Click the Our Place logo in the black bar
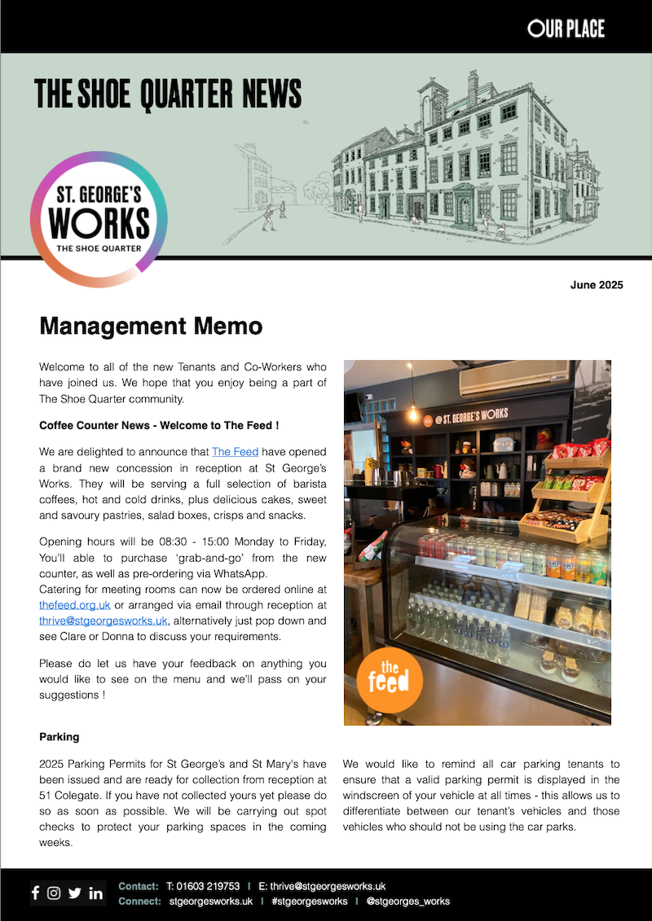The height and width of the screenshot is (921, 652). (x=566, y=29)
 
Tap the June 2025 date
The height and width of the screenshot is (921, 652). (x=597, y=285)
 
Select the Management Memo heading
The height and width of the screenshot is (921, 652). (x=151, y=327)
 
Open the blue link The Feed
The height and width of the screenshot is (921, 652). (x=235, y=451)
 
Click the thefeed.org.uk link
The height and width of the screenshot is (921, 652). (x=75, y=604)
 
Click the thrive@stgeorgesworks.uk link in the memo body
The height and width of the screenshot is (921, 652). (x=104, y=620)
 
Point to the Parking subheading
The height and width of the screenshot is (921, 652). (x=59, y=736)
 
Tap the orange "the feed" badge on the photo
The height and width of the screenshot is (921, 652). (x=390, y=680)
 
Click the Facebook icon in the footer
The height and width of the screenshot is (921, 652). (x=35, y=892)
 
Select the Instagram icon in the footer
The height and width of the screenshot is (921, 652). (x=54, y=892)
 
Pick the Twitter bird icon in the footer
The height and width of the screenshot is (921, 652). (x=75, y=892)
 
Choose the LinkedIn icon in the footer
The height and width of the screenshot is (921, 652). (x=96, y=892)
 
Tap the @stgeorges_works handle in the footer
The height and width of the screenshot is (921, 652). (x=407, y=901)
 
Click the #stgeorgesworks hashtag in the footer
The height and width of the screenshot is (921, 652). (x=310, y=901)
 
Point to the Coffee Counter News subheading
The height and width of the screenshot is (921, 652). (x=159, y=425)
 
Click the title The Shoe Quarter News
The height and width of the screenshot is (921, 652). (x=168, y=94)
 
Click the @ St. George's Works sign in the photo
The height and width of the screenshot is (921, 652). (x=466, y=416)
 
